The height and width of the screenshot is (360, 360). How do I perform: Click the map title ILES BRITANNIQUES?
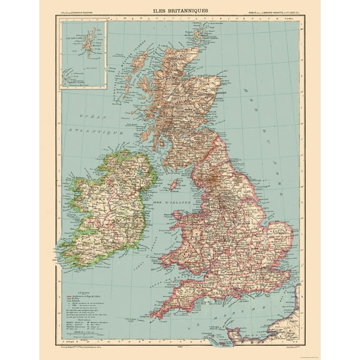click(x=179, y=10)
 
